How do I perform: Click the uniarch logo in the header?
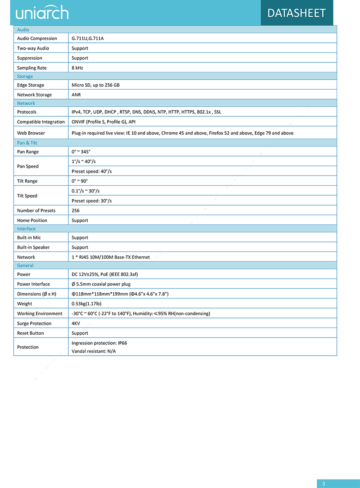click(42, 13)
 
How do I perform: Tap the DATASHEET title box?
click(296, 13)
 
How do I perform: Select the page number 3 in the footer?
click(324, 484)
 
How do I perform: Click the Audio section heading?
click(23, 30)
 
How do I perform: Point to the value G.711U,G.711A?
click(88, 38)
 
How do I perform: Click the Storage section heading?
click(25, 76)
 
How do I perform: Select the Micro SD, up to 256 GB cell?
click(96, 85)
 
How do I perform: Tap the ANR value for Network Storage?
click(76, 95)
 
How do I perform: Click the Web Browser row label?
click(31, 133)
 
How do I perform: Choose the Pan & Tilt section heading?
click(27, 143)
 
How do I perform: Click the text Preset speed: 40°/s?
click(92, 171)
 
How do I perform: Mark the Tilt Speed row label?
click(27, 196)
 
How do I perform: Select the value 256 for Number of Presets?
click(76, 210)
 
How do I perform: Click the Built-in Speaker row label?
click(33, 247)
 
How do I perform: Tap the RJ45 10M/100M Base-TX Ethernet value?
click(111, 257)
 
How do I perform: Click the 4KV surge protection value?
click(76, 323)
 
